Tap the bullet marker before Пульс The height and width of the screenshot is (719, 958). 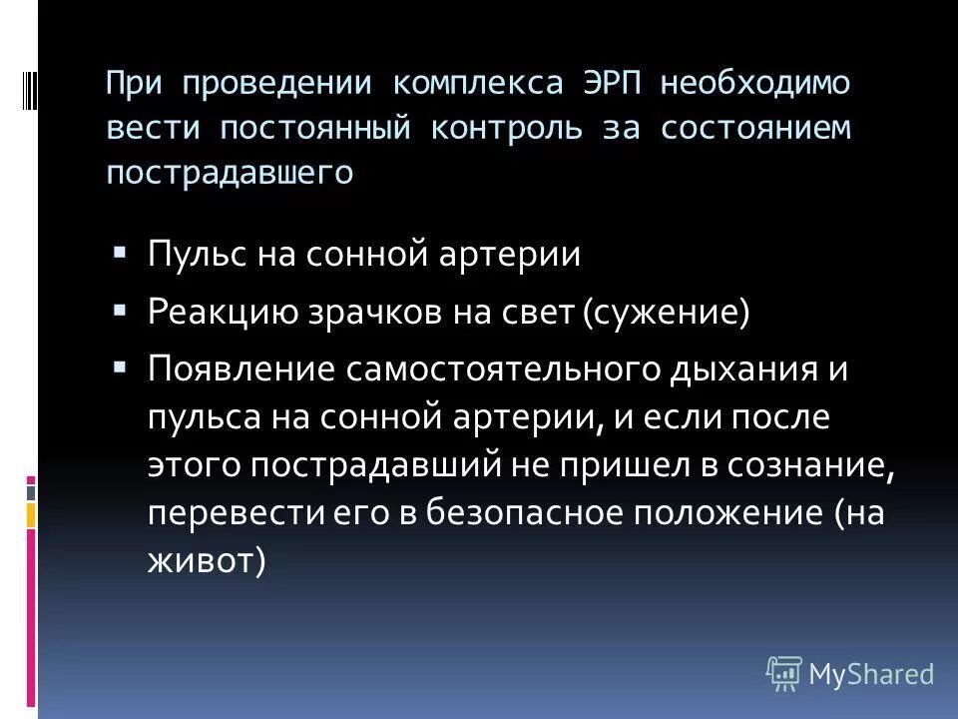click(x=120, y=251)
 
